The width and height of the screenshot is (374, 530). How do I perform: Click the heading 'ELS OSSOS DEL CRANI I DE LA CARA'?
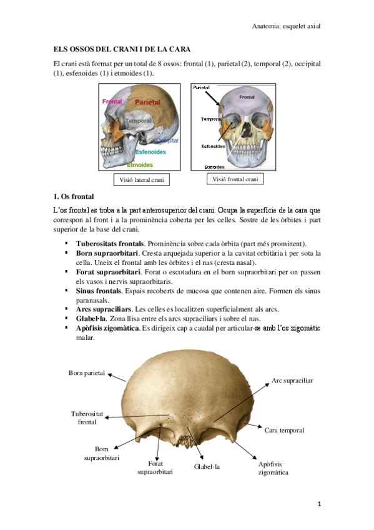point(121,49)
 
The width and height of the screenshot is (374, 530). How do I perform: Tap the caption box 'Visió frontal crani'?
point(235,179)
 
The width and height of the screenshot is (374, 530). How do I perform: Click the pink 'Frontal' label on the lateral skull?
point(112,101)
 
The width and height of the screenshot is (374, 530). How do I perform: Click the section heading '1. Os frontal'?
point(72,196)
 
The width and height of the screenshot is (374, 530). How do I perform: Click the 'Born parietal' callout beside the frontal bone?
point(86,373)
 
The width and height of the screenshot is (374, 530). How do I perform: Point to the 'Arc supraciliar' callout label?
point(292,380)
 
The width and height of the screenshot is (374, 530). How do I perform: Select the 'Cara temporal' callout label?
point(284,431)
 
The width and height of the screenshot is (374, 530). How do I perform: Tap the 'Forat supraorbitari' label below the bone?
point(155,467)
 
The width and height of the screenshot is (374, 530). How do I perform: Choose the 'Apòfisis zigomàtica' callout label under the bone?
point(273,469)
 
